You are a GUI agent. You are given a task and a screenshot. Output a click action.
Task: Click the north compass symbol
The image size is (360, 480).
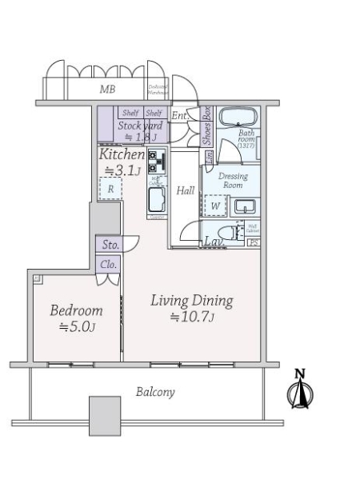click(x=302, y=391)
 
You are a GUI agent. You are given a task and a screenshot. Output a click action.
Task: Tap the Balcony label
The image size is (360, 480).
click(x=155, y=392)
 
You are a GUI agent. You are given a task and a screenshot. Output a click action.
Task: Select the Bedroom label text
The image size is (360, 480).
click(x=76, y=310)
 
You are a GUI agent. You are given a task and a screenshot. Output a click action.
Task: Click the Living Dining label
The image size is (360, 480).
click(x=191, y=301)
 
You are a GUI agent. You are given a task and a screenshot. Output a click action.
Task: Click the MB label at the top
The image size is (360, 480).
click(x=107, y=90)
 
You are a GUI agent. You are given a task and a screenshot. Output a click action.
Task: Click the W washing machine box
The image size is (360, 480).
click(x=214, y=206)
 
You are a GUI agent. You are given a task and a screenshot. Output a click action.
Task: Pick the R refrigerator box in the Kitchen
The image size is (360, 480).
click(x=110, y=189)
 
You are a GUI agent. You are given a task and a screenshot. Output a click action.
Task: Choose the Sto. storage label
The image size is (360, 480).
click(x=109, y=245)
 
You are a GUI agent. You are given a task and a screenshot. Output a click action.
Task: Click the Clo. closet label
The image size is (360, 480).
click(x=109, y=264)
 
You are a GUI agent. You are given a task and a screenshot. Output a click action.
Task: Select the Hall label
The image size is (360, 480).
click(x=186, y=190)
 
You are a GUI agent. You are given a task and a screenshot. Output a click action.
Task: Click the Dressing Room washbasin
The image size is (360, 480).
click(x=244, y=206)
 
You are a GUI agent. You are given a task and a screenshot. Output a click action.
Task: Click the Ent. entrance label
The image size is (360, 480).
click(x=179, y=117)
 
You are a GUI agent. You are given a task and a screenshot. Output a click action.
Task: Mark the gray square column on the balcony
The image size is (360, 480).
click(x=105, y=415)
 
